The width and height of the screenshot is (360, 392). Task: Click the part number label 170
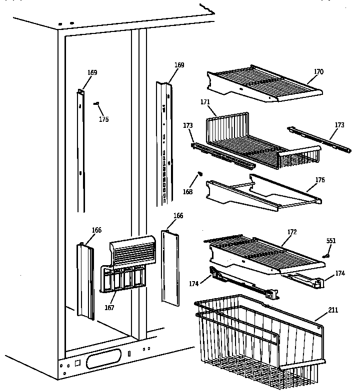[318, 72]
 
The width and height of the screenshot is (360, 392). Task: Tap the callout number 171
[205, 102]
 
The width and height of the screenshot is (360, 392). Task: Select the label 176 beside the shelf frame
[319, 180]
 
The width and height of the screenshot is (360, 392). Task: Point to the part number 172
[292, 232]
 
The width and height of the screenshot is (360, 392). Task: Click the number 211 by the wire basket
[333, 310]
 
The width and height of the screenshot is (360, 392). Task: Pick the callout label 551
[331, 241]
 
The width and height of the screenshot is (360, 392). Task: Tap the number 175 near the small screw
[103, 119]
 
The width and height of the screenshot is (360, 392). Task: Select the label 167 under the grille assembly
[109, 308]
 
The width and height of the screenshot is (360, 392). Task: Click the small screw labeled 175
[97, 103]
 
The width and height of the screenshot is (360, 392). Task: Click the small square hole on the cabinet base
[77, 363]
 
